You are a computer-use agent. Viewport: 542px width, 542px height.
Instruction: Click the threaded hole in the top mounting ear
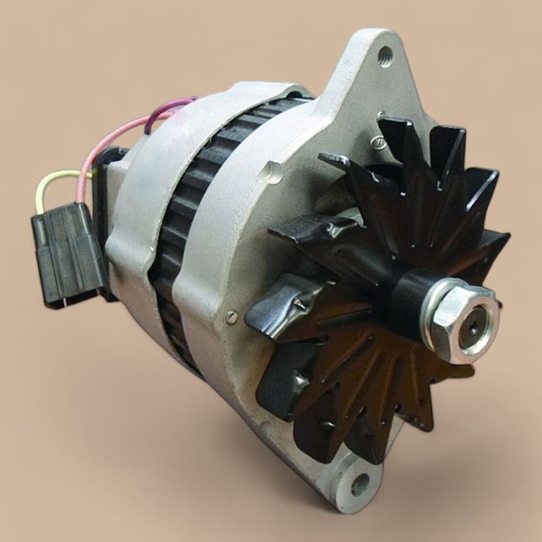pos(385,54)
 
